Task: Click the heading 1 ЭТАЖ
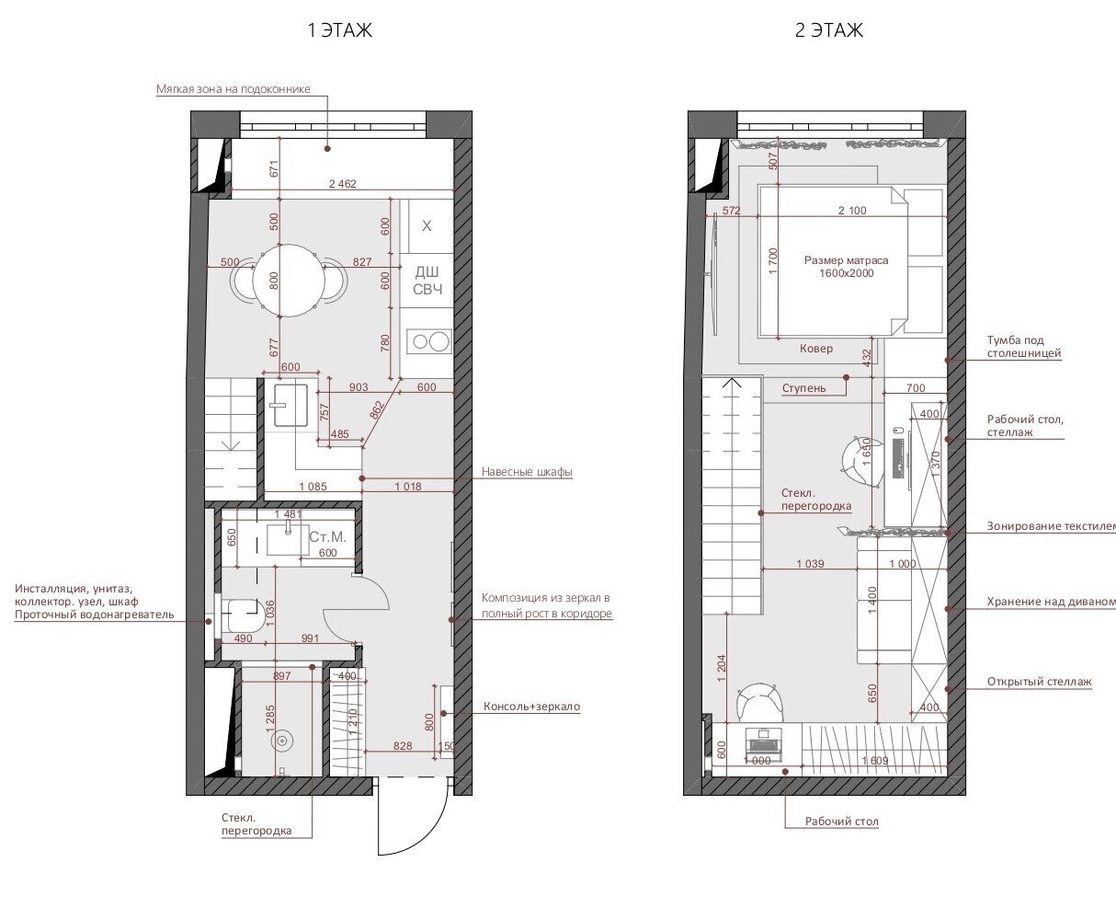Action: point(340,30)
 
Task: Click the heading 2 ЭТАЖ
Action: point(829,30)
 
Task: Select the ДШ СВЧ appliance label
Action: point(427,281)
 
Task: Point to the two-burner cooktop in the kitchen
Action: point(429,341)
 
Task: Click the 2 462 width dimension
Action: point(342,183)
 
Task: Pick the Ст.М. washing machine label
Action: point(327,537)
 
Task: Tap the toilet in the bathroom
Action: point(245,615)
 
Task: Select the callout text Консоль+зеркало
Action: point(531,707)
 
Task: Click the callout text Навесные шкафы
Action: point(527,471)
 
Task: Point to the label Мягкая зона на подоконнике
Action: point(233,89)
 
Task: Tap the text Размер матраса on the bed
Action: point(846,260)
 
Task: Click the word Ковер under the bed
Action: point(815,349)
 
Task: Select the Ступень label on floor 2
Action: point(803,388)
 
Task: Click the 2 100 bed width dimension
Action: point(852,211)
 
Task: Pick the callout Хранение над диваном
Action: point(1051,602)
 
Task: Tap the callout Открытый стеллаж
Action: point(1040,682)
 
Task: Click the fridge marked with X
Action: point(427,225)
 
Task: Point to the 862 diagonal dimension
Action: point(376,409)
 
